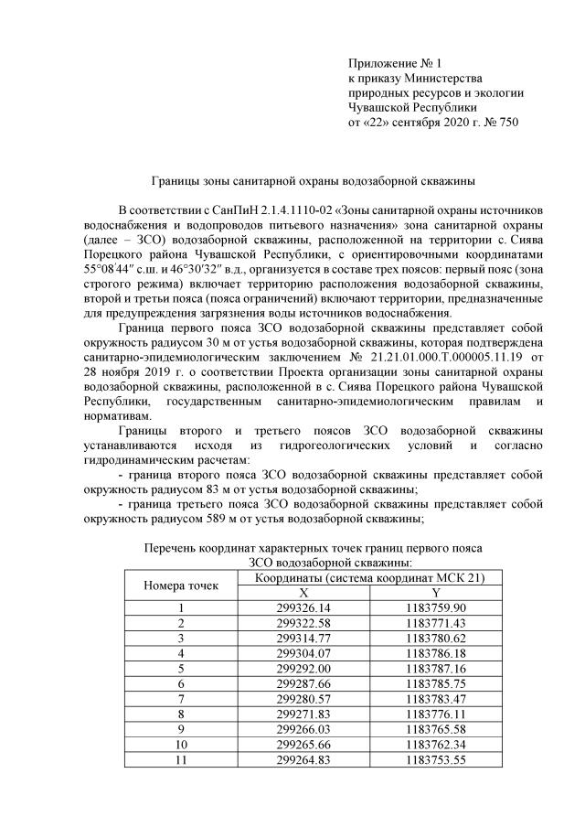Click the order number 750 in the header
[506, 122]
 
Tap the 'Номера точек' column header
[180, 585]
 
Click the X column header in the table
[303, 592]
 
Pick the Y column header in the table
[436, 592]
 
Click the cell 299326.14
[303, 607]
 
